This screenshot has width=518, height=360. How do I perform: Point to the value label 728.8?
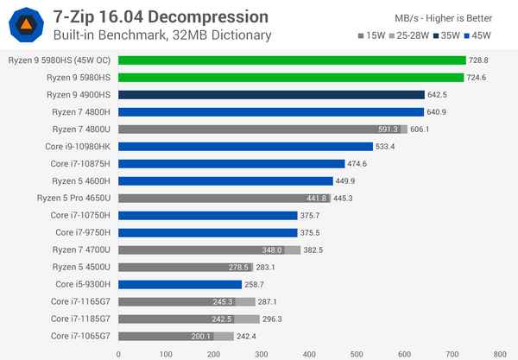point(480,60)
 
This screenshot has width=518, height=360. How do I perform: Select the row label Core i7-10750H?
point(80,215)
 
